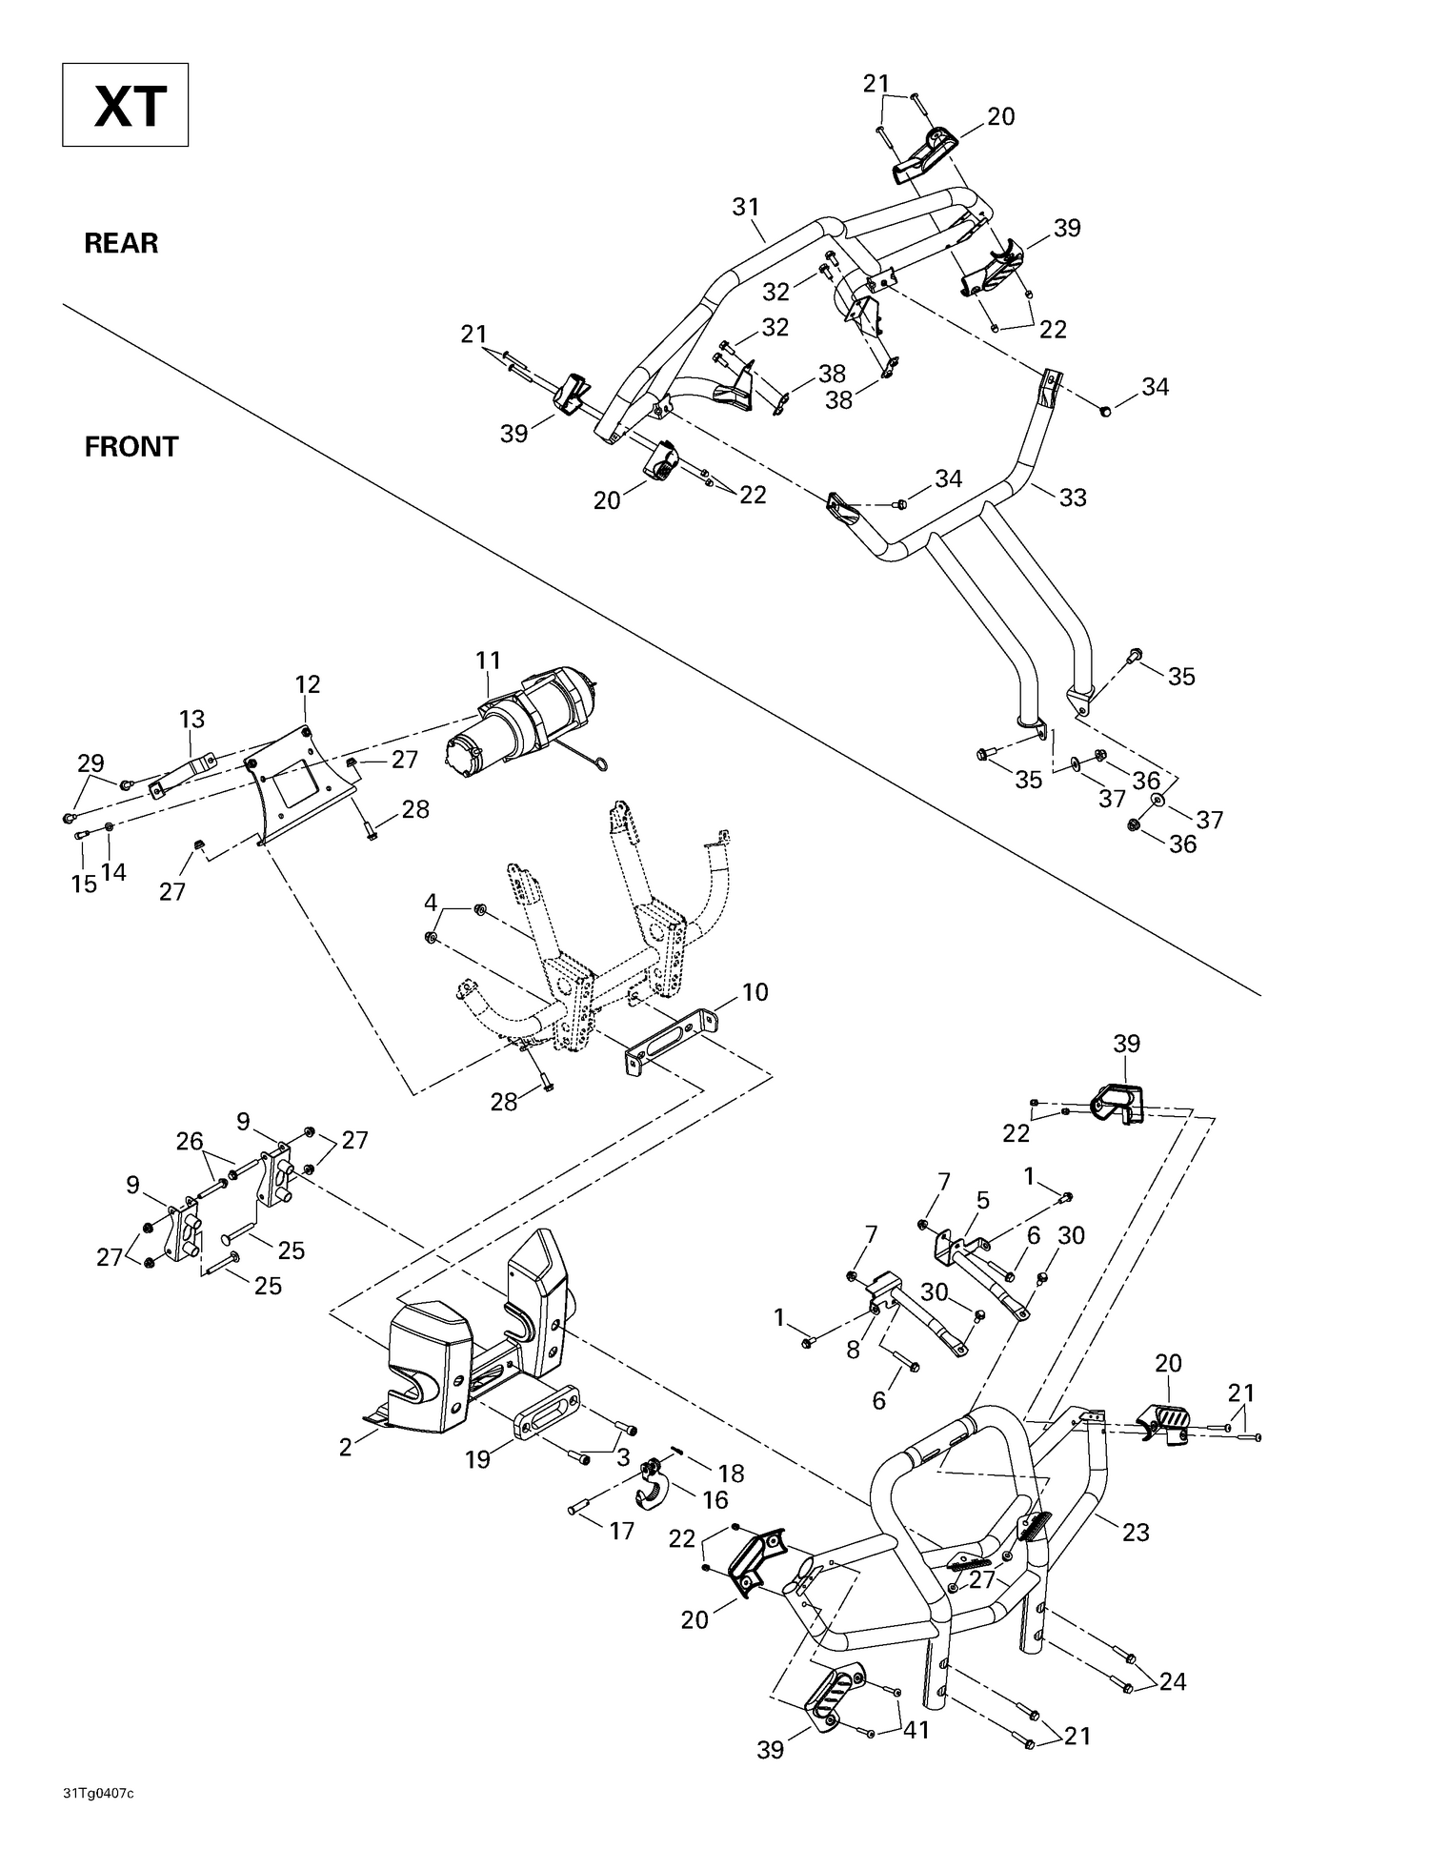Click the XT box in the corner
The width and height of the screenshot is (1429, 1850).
pyautogui.click(x=125, y=105)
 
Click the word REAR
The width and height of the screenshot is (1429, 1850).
pyautogui.click(x=121, y=243)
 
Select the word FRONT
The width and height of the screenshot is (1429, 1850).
pyautogui.click(x=131, y=447)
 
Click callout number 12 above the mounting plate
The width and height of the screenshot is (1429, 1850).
pyautogui.click(x=308, y=684)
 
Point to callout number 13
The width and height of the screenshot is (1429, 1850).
pyautogui.click(x=191, y=720)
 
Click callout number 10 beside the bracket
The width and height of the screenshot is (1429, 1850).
pyautogui.click(x=755, y=992)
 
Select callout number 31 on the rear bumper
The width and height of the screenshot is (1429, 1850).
pyautogui.click(x=746, y=206)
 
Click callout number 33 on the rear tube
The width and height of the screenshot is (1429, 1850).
pyautogui.click(x=1073, y=498)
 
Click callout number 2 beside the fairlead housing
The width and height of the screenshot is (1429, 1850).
pyautogui.click(x=345, y=1447)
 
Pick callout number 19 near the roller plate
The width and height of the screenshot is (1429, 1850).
pyautogui.click(x=477, y=1459)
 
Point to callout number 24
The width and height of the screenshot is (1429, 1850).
pyautogui.click(x=1173, y=1681)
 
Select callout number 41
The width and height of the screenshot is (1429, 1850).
pyautogui.click(x=916, y=1728)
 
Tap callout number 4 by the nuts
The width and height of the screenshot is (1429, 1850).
pyautogui.click(x=431, y=902)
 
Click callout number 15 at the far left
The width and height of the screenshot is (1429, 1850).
pyautogui.click(x=84, y=884)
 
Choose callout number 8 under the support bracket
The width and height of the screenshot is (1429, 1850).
pyautogui.click(x=853, y=1350)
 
